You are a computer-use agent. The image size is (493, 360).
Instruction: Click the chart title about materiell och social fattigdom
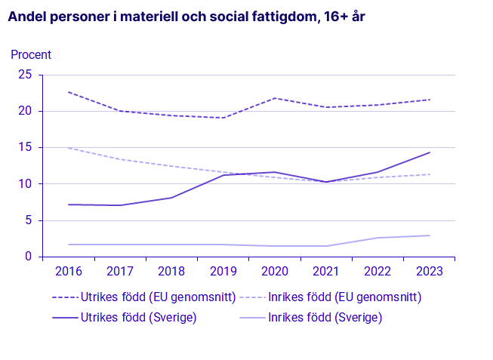pos(186,16)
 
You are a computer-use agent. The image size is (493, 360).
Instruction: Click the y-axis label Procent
pos(31,54)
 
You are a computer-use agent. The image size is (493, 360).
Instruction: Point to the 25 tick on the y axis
pos(25,75)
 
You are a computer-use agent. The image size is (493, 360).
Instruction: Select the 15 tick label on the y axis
pos(25,148)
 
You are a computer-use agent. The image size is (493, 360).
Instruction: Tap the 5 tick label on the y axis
pos(29,220)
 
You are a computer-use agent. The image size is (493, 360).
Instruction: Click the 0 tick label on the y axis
pos(29,257)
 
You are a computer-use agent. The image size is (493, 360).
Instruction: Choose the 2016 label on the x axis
pos(68,272)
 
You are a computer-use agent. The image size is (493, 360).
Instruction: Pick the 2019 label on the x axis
pos(223,272)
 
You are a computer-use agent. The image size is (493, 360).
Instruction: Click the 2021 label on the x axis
pos(326,272)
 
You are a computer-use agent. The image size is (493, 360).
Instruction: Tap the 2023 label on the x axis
pos(430,272)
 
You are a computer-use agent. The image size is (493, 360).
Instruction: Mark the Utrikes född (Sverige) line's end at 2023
pos(430,152)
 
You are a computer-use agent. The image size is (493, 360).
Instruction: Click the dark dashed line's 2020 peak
pos(275,98)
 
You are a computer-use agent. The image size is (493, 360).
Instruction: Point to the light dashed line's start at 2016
pos(68,148)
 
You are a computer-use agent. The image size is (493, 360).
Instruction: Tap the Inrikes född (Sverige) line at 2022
pos(378,238)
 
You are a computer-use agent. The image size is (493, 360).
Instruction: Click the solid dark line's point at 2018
pos(171,198)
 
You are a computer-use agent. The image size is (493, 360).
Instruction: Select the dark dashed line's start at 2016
pos(68,92)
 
